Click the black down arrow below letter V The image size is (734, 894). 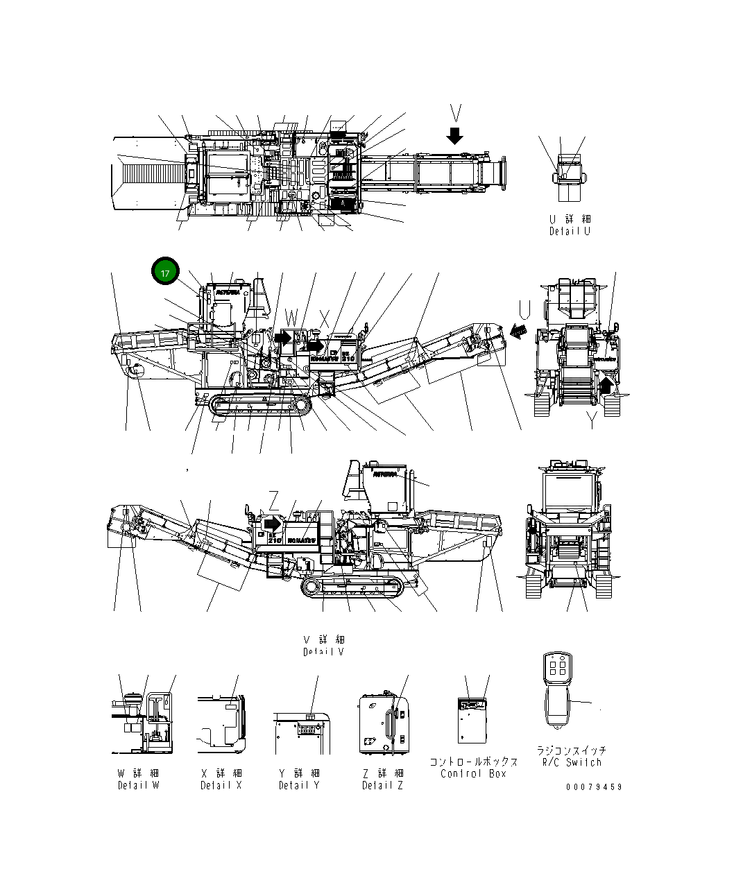454,135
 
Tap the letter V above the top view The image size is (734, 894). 455,112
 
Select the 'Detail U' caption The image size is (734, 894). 570,231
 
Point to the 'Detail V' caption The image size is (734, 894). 323,652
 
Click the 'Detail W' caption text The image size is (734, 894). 138,785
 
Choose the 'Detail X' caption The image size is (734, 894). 221,785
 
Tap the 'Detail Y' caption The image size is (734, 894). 299,785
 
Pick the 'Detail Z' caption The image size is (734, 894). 382,785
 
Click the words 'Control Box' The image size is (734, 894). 474,773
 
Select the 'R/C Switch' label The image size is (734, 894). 572,762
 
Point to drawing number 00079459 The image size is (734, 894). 593,786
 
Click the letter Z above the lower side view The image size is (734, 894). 274,499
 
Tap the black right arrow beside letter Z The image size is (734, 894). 273,522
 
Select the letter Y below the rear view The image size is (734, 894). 591,420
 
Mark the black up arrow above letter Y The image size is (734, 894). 607,384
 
